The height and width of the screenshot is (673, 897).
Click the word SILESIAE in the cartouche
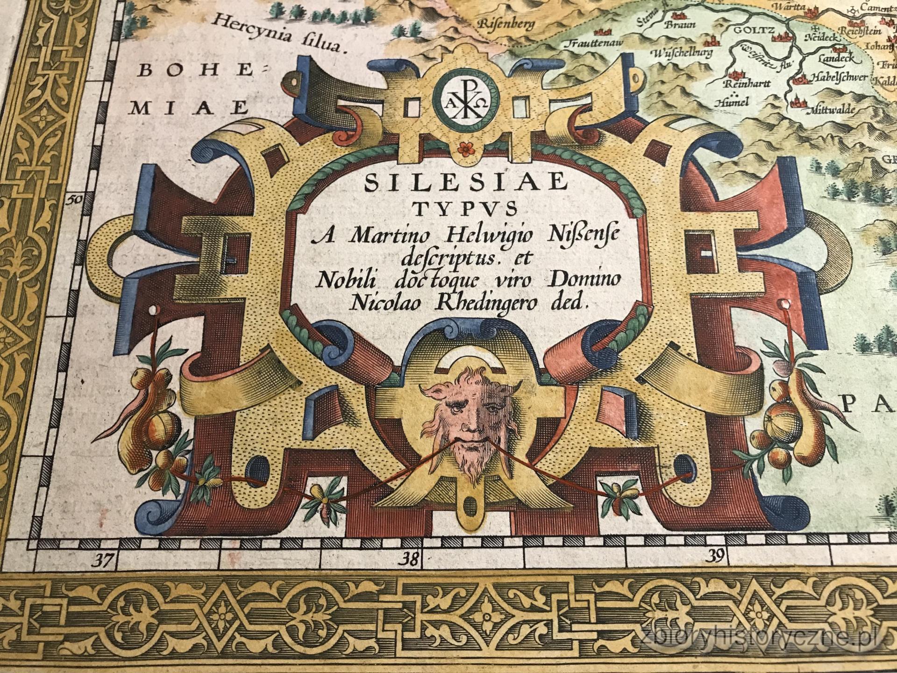coord(464,183)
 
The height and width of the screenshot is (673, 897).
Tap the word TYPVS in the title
coord(464,210)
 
